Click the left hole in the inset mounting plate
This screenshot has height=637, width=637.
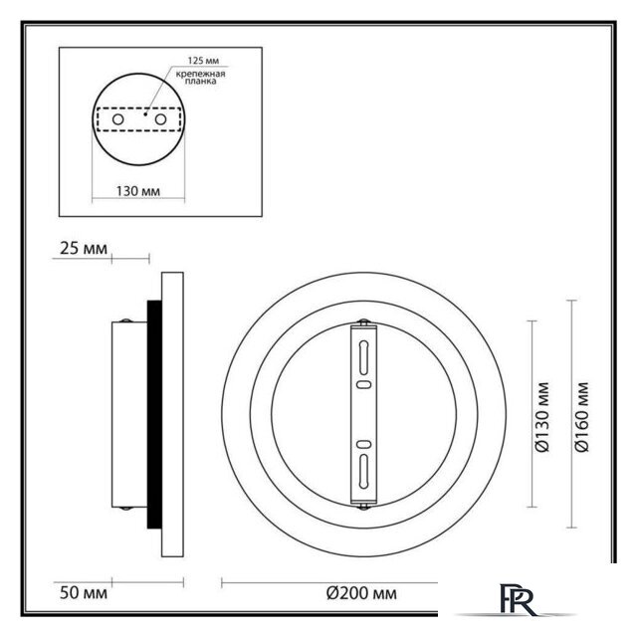point(120,119)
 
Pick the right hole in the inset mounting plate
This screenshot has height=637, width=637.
point(156,119)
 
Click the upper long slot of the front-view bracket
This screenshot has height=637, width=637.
point(364,355)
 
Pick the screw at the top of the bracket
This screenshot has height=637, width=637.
point(364,320)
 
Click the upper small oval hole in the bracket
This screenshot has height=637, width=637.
point(364,383)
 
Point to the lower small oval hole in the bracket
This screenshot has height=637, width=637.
point(364,444)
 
